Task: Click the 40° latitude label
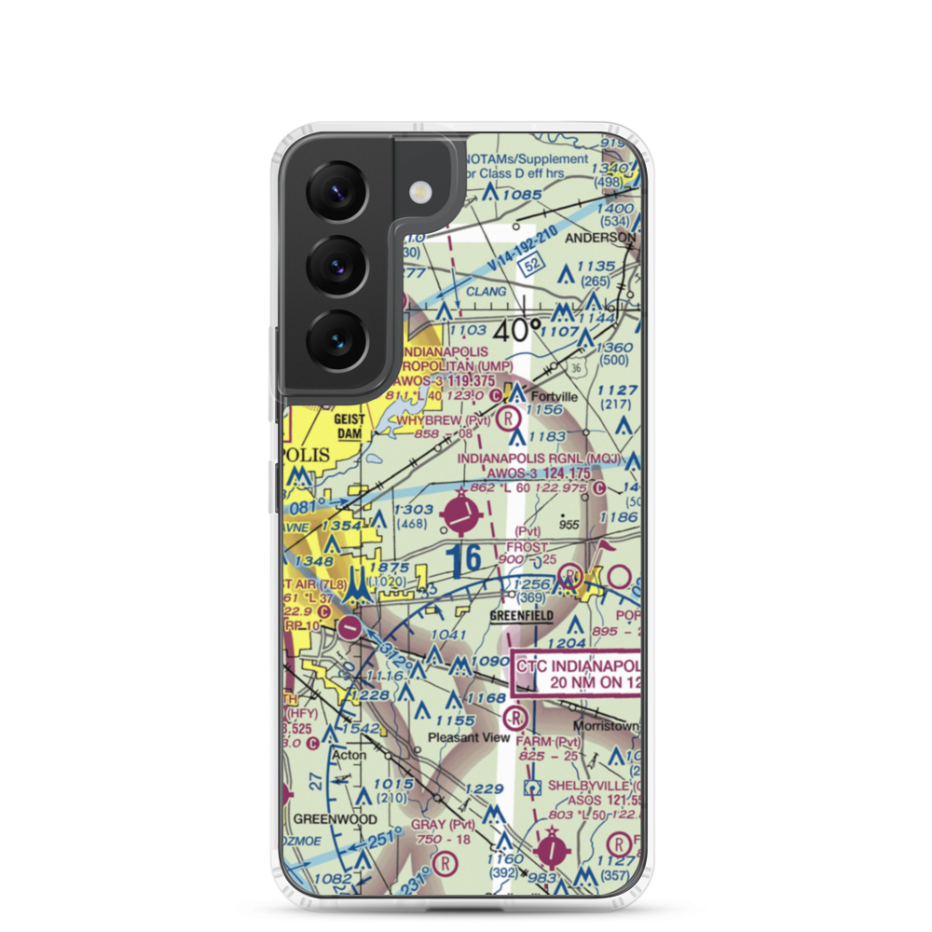517,330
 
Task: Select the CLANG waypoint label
486,292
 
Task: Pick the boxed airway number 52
531,266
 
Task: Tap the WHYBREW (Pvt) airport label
444,421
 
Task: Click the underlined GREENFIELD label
522,616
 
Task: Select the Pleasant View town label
469,737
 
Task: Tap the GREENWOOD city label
336,819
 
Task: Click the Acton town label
349,755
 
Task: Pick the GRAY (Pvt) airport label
443,824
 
